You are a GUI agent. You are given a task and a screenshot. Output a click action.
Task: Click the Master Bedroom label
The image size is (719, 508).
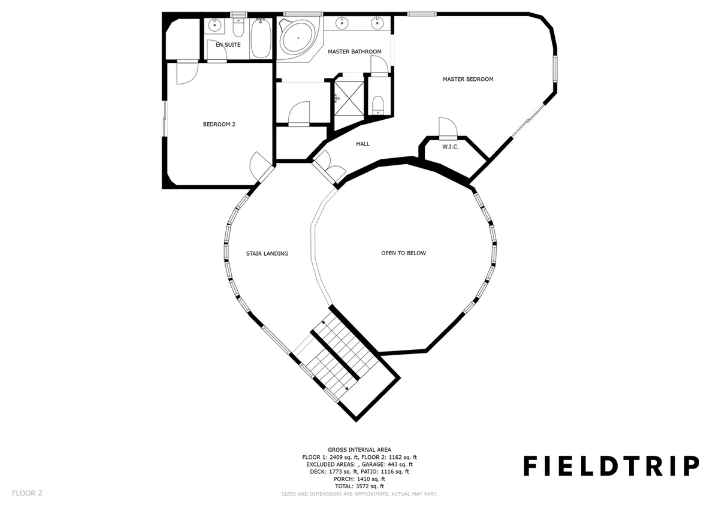pyautogui.click(x=468, y=79)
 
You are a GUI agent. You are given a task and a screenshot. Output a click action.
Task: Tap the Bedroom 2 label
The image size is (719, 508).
pyautogui.click(x=219, y=125)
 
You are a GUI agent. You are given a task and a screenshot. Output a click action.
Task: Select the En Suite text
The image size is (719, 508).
pyautogui.click(x=228, y=45)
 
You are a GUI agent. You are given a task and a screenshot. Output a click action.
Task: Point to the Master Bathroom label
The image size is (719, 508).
pyautogui.click(x=355, y=52)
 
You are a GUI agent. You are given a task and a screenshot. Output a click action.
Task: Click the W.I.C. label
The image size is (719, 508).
pyautogui.click(x=451, y=147)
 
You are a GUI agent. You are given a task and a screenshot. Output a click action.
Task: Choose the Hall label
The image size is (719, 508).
pyautogui.click(x=362, y=144)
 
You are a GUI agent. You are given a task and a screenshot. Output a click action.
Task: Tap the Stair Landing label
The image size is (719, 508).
pyautogui.click(x=267, y=253)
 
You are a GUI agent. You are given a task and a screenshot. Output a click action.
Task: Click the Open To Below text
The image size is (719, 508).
pyautogui.click(x=403, y=253)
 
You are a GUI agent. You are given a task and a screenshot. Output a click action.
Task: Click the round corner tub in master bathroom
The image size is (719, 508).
pyautogui.click(x=298, y=38)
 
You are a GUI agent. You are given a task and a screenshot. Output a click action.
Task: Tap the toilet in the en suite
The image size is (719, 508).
pyautogui.click(x=238, y=28)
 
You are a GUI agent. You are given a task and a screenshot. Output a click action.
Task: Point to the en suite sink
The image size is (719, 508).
pyautogui.click(x=215, y=25)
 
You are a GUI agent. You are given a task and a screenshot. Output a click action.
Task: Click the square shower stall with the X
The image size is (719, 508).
pyautogui.click(x=349, y=98)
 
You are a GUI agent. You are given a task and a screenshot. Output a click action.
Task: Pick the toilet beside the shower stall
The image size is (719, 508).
pyautogui.click(x=379, y=105)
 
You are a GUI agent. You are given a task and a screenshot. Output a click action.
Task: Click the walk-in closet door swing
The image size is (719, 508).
pyautogui.click(x=448, y=127)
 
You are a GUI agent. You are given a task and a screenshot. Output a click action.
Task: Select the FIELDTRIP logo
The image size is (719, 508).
pyautogui.click(x=612, y=466)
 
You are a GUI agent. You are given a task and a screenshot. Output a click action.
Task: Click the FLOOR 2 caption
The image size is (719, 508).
pyautogui.click(x=27, y=493)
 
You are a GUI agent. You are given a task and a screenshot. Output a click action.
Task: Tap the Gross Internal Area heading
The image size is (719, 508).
pyautogui.click(x=359, y=450)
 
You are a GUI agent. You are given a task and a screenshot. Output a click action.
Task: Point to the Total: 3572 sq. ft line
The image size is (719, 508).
pyautogui.click(x=359, y=486)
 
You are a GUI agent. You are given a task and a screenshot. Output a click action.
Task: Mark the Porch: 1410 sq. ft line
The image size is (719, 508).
pyautogui.click(x=359, y=479)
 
